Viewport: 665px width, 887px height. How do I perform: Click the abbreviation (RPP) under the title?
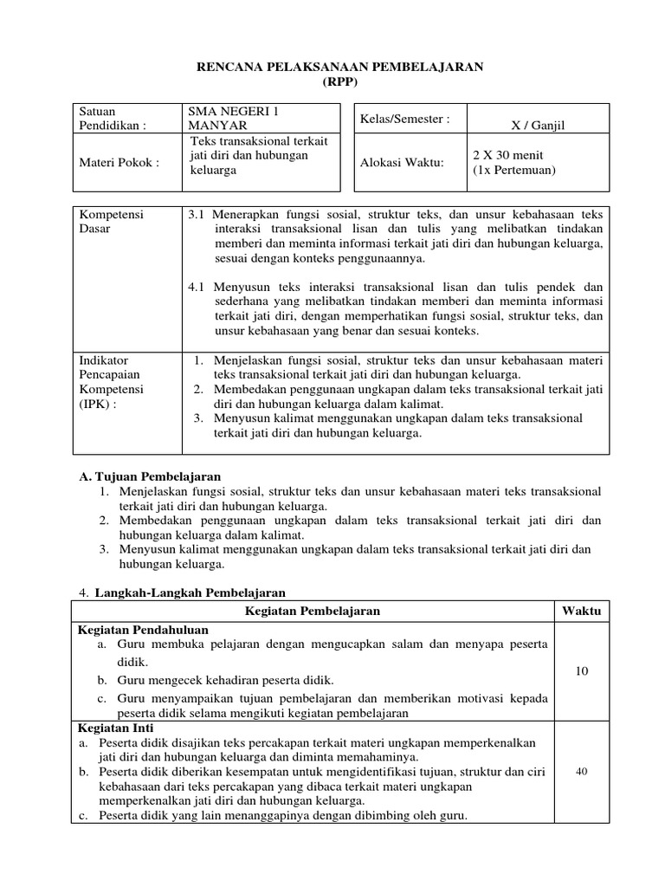333,82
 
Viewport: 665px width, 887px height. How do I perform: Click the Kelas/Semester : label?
404,119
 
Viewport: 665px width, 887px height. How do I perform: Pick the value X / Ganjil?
539,126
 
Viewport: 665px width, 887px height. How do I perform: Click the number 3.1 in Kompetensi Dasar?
196,214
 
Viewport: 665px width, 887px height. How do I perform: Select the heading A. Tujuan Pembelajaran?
150,476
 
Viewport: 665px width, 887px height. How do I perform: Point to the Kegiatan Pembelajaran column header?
313,612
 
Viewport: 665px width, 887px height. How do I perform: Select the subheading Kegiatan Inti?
115,729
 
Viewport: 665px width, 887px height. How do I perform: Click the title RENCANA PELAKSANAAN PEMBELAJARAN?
332,66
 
